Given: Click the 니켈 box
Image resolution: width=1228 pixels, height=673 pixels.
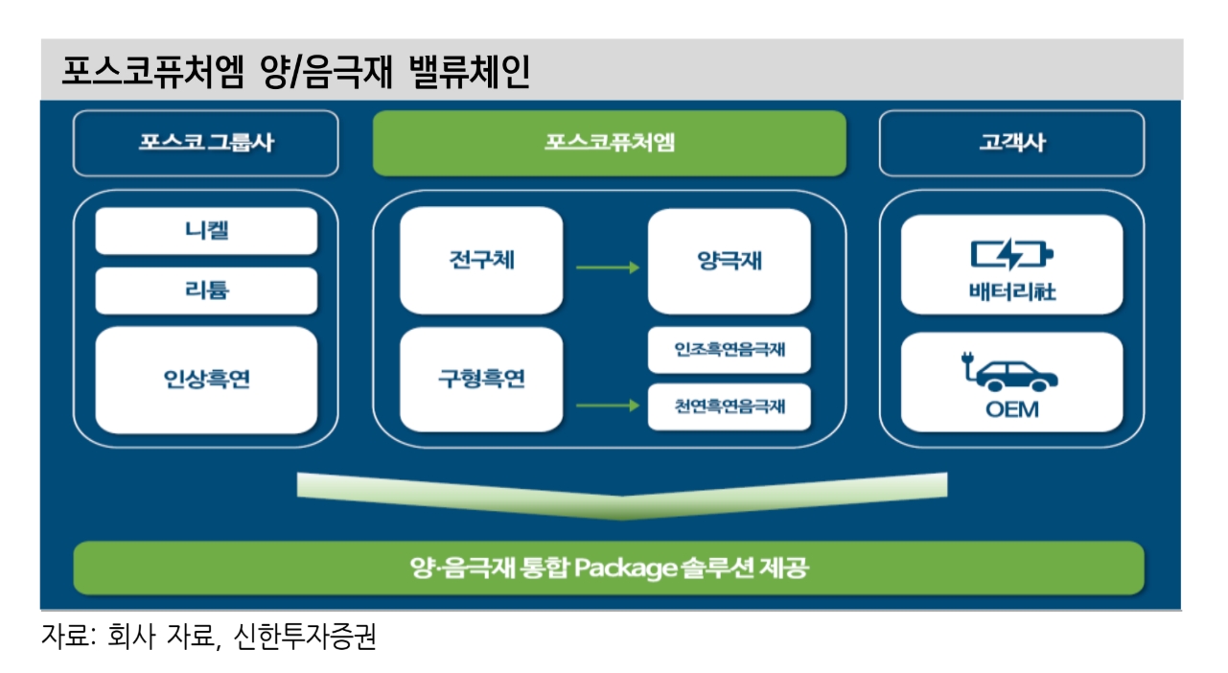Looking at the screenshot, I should tap(206, 231).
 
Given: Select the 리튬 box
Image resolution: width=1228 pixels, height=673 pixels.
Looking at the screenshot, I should tap(206, 290).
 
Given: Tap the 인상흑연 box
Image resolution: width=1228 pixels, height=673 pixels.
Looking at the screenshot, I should tap(206, 380).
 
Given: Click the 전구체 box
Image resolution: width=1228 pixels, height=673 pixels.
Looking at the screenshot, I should tap(481, 260).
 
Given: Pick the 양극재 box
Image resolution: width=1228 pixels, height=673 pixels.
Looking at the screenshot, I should tap(730, 261).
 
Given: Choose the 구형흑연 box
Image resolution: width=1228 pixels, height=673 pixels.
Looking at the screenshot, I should tap(481, 380).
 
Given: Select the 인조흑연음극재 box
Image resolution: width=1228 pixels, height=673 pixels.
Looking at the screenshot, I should tap(730, 350).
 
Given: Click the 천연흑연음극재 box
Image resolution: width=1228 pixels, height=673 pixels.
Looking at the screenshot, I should tap(730, 406).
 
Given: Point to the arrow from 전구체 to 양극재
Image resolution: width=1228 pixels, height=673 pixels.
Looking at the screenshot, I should tap(607, 267).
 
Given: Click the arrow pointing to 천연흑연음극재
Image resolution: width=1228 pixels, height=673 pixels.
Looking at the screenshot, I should tap(607, 406).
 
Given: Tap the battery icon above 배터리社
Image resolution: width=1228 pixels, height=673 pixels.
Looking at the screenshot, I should tap(1011, 255).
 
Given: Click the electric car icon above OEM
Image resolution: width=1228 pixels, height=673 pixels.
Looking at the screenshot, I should tap(1010, 373).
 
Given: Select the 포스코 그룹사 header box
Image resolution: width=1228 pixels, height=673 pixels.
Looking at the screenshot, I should tap(205, 144).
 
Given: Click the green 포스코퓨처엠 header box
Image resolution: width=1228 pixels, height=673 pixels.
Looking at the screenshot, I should tap(610, 144).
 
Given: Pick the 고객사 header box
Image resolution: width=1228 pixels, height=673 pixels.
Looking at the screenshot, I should tap(1011, 144).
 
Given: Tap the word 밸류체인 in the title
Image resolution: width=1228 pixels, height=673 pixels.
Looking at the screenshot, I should tap(469, 73).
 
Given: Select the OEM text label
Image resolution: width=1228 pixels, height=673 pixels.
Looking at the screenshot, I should tap(1011, 411).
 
